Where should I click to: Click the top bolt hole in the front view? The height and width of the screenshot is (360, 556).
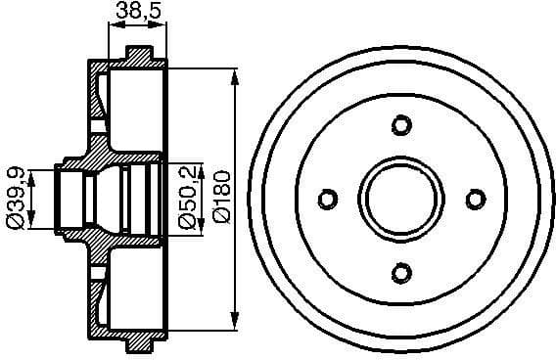coord(399,125)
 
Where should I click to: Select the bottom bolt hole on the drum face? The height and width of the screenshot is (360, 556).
coord(399,272)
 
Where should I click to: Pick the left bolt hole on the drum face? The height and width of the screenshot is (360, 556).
coord(326,199)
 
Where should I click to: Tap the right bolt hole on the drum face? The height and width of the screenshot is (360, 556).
coord(475,199)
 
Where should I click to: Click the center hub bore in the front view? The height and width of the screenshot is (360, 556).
coord(400,199)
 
